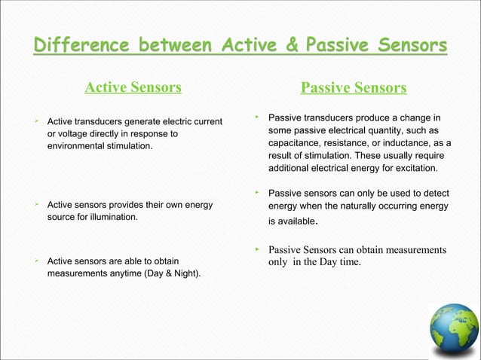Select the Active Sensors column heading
(133, 88)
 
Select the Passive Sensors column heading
(354, 89)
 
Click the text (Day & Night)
(174, 273)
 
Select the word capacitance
(296, 142)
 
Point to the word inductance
(412, 142)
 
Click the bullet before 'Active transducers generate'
(36, 121)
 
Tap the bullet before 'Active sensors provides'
(36, 204)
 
